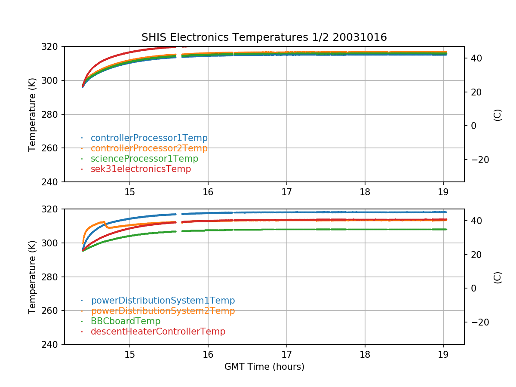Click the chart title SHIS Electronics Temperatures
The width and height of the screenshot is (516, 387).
tap(264, 37)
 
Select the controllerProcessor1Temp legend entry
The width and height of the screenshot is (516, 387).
tap(149, 138)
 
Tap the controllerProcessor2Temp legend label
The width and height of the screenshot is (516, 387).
tap(149, 148)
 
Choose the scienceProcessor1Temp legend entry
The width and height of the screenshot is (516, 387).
tap(144, 159)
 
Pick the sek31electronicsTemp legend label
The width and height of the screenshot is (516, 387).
tap(141, 169)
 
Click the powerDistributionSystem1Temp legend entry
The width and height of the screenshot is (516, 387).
tap(163, 301)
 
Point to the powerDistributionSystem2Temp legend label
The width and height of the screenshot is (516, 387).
tap(163, 311)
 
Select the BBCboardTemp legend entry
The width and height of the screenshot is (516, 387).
tap(125, 321)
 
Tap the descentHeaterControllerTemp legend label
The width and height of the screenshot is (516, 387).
tap(158, 332)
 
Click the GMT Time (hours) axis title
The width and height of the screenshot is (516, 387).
tap(264, 367)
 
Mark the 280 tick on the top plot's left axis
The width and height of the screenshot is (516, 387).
tap(53, 114)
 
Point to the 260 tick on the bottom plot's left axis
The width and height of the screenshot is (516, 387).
tap(53, 311)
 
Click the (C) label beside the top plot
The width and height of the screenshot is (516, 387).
tap(498, 115)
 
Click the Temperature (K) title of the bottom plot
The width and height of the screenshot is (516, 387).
tap(32, 277)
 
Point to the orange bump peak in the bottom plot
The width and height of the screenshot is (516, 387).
tap(104, 222)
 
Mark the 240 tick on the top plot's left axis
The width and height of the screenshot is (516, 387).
tap(53, 182)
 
